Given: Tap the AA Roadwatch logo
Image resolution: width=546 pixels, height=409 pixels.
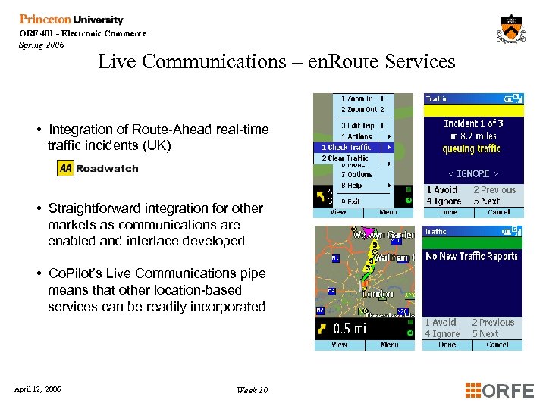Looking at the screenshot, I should click(x=98, y=168).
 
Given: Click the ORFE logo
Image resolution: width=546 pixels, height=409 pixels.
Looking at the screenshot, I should click(x=499, y=391).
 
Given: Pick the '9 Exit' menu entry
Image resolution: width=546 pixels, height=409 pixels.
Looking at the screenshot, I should click(x=350, y=201).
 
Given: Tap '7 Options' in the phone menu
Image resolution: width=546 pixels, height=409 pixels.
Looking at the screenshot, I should click(x=356, y=174).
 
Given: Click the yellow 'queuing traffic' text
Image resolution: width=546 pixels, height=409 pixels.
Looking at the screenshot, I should click(x=472, y=148).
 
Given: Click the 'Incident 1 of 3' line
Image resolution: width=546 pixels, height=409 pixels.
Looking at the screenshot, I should click(x=473, y=123).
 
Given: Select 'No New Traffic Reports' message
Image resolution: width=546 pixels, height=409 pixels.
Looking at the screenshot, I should click(x=472, y=256).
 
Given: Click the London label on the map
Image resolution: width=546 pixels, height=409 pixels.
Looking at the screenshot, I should click(x=377, y=292).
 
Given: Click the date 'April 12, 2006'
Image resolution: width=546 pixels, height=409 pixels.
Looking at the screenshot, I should click(x=38, y=389).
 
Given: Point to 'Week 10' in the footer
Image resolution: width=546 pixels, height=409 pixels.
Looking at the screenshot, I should click(x=252, y=390).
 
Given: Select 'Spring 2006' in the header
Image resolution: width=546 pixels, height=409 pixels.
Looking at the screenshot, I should click(x=42, y=45).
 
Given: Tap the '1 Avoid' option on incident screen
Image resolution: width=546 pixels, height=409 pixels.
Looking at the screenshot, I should click(x=442, y=190).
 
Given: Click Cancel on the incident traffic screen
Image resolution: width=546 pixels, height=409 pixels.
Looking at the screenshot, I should click(x=498, y=213).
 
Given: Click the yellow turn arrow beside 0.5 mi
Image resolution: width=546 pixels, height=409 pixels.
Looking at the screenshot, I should click(x=324, y=329).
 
